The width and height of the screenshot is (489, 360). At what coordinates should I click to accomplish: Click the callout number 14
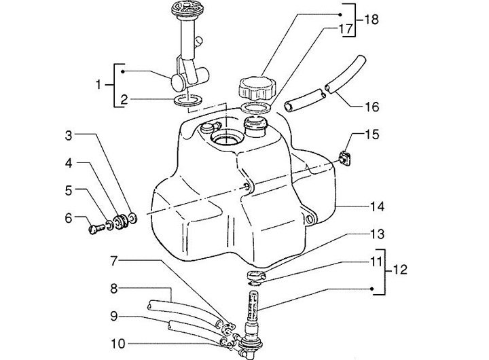(x=377, y=206)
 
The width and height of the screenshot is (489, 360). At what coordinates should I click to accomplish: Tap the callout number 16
(x=372, y=107)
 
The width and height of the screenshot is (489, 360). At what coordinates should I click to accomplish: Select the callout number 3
(x=69, y=135)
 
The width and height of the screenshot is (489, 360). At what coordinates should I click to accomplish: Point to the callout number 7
(x=114, y=261)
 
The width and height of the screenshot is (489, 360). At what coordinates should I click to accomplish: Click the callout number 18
(x=372, y=19)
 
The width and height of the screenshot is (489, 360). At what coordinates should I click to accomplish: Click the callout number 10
(x=118, y=344)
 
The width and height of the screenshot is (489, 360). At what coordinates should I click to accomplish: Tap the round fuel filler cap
(x=257, y=88)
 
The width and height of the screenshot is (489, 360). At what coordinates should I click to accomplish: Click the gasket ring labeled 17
(x=256, y=107)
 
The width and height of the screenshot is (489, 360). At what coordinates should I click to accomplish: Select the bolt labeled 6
(x=97, y=230)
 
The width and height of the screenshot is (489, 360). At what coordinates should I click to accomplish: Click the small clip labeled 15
(x=344, y=158)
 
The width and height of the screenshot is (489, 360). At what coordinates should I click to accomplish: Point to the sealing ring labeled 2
(x=188, y=100)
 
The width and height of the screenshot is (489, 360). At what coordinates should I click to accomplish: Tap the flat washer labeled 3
(x=132, y=217)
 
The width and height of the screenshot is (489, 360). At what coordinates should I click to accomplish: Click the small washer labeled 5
(x=109, y=224)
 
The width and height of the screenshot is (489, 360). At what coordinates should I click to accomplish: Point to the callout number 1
(x=98, y=84)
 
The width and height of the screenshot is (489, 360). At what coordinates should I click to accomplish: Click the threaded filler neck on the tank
(x=256, y=126)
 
